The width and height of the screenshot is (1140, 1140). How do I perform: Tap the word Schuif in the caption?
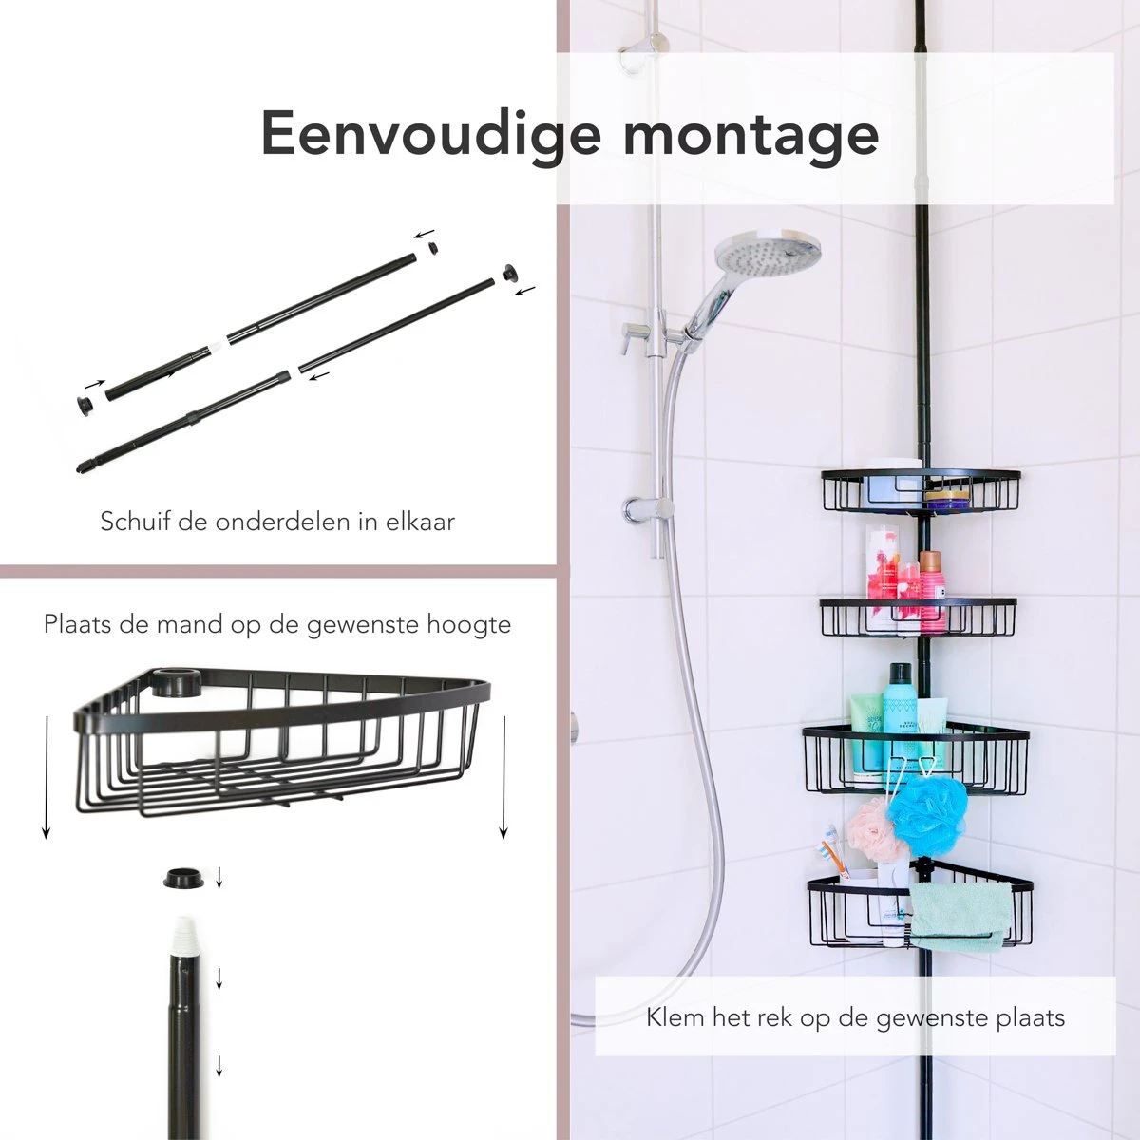click(x=137, y=522)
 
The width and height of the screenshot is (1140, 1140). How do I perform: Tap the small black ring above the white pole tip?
click(x=183, y=878)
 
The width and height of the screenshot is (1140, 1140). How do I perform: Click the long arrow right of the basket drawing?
click(x=503, y=777)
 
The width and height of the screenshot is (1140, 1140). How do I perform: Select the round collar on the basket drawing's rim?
click(x=175, y=681)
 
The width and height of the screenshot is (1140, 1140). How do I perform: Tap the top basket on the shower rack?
click(x=921, y=490)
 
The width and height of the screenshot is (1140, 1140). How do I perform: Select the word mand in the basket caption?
click(x=189, y=625)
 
